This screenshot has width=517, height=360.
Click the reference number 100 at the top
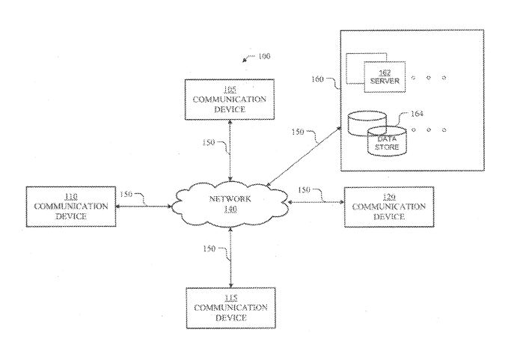(x=263, y=56)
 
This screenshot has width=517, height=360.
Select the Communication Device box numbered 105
(x=230, y=97)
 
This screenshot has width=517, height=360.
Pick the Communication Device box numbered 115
(x=230, y=308)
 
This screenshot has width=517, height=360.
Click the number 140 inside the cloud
(x=230, y=210)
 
